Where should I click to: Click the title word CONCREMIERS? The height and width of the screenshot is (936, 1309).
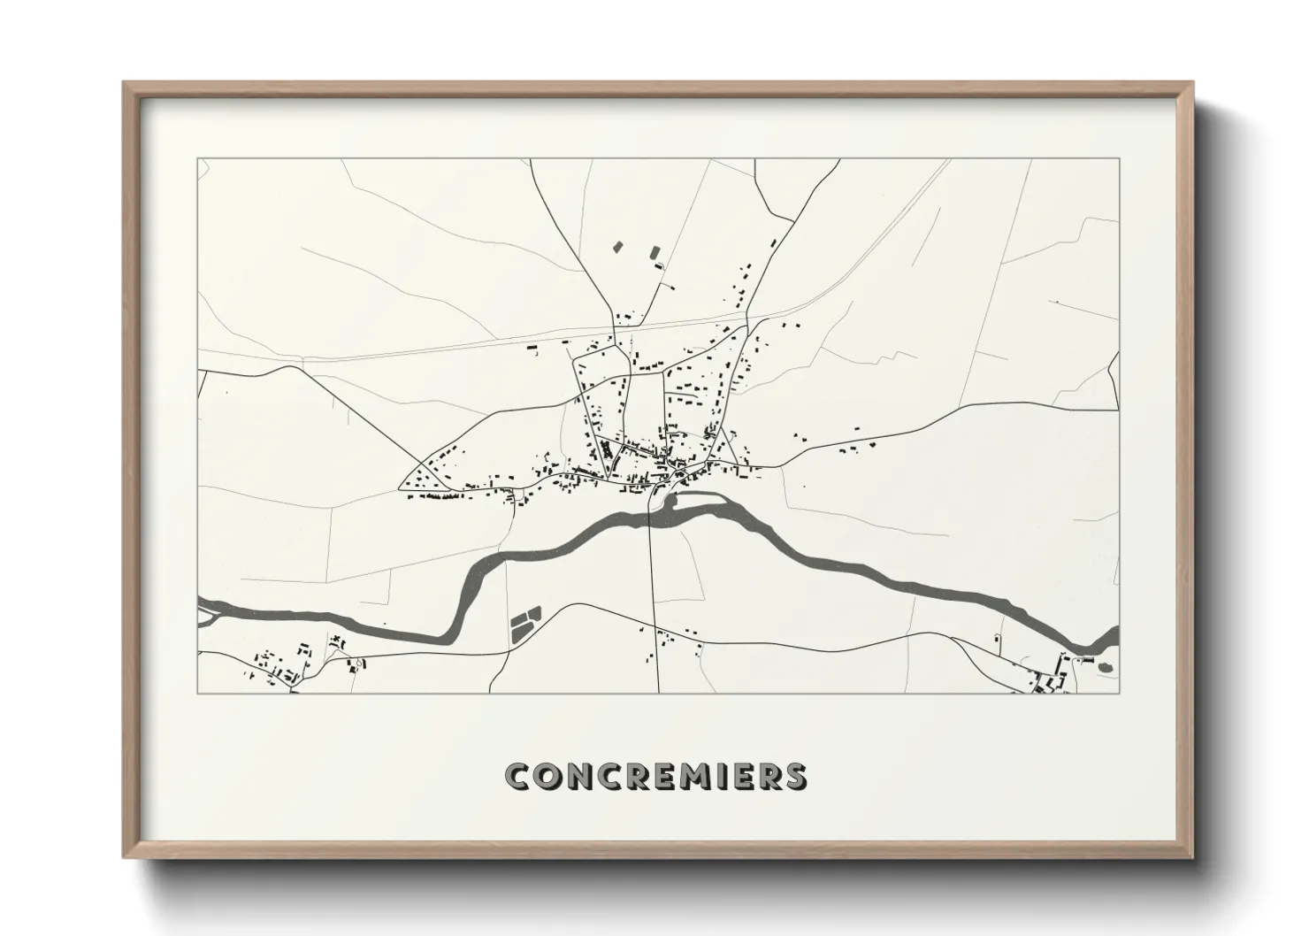pos(654,776)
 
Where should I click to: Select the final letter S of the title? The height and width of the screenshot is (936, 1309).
pos(795,776)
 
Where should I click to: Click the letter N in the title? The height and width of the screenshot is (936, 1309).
pos(570,776)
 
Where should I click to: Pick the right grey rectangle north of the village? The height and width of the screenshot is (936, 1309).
pos(655,252)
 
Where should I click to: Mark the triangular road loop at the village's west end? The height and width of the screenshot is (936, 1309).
pos(423,474)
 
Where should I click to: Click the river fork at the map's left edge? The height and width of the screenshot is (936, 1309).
pos(205,609)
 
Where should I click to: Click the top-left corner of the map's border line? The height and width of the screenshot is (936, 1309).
pos(198,159)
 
